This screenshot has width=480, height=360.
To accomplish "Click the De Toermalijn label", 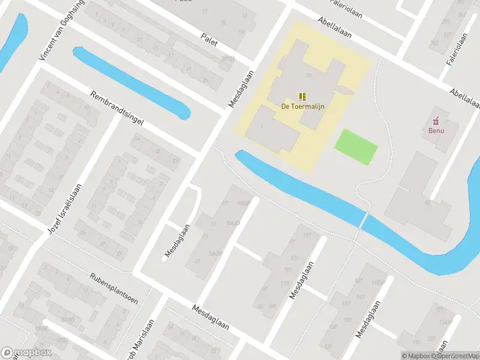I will point(303,106).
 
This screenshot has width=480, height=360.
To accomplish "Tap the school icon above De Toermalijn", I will point(303,96).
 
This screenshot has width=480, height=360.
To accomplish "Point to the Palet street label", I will point(209,38).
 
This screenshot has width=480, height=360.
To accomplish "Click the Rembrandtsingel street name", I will point(117,108).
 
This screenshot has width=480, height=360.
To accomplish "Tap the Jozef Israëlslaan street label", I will point(64,208).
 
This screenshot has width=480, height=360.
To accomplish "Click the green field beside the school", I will point(356,146).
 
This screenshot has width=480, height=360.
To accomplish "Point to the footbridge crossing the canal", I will point(362,221).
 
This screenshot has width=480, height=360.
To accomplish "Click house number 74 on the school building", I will point(309,76).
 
